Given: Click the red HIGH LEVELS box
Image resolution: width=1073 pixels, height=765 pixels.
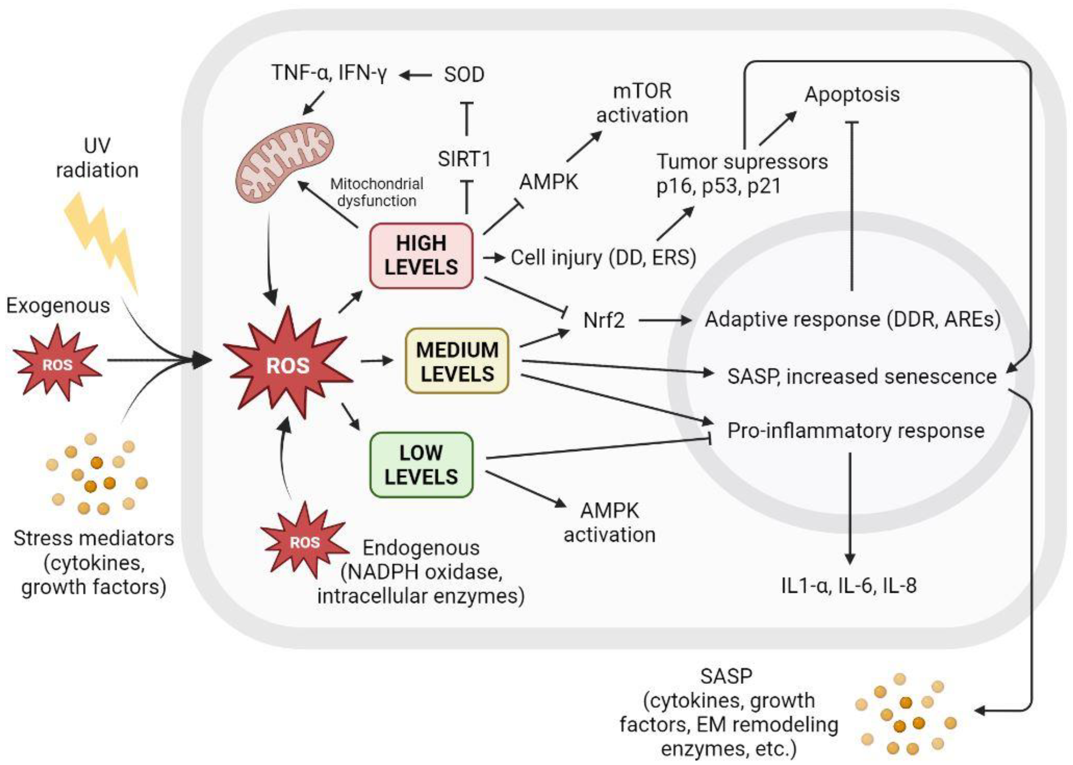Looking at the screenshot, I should tap(421, 255).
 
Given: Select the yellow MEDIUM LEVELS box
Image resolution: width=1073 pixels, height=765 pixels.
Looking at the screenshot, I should tap(457, 361).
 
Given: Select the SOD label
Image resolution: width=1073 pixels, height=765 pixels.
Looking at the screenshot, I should tap(464, 74).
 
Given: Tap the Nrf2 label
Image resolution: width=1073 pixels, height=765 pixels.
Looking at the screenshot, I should tap(604, 320).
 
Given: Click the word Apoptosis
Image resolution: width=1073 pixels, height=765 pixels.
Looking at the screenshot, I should tap(852, 94).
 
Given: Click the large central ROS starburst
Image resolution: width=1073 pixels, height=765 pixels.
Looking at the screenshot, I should tap(288, 365).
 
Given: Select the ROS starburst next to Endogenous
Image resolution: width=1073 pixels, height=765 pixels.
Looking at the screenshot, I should tap(305, 542).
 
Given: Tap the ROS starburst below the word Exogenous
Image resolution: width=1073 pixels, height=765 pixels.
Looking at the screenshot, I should tap(58, 364).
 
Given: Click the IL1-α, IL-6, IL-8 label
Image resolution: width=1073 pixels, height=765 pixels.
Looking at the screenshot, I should tap(849, 585).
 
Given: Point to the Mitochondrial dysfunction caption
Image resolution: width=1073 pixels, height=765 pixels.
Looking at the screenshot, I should tap(377, 192).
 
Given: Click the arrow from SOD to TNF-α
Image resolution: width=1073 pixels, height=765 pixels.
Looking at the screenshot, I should tap(416, 75).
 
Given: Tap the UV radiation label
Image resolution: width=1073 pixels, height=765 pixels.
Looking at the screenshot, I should tap(97, 158).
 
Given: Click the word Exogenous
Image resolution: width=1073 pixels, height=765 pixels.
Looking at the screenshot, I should tap(58, 306).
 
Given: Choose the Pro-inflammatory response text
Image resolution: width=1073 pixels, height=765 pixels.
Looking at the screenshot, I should tap(855, 431).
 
